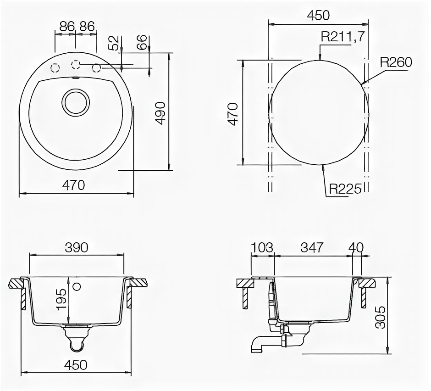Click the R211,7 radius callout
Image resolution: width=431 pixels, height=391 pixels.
click(343, 37)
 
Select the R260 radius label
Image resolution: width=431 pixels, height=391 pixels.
click(396, 62)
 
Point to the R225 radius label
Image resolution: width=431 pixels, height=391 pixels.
click(345, 189)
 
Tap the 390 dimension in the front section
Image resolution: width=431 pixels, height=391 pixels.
click(77, 247)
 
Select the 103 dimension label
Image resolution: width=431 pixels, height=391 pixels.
click(262, 247)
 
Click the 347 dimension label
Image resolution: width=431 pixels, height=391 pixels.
click(312, 247)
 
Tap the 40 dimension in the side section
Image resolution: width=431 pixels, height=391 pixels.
click(356, 247)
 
